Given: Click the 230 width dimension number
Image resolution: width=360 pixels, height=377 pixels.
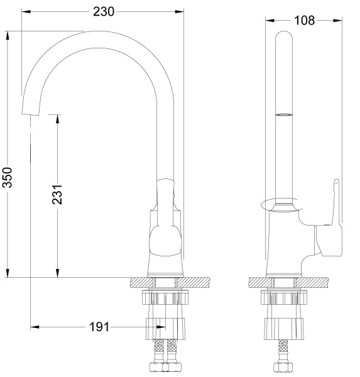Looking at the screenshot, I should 104,11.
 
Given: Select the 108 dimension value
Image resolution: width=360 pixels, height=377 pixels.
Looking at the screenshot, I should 304,20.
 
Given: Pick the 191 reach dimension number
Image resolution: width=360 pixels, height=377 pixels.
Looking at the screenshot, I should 98,327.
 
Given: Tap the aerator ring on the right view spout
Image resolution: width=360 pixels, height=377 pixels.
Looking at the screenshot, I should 284,115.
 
